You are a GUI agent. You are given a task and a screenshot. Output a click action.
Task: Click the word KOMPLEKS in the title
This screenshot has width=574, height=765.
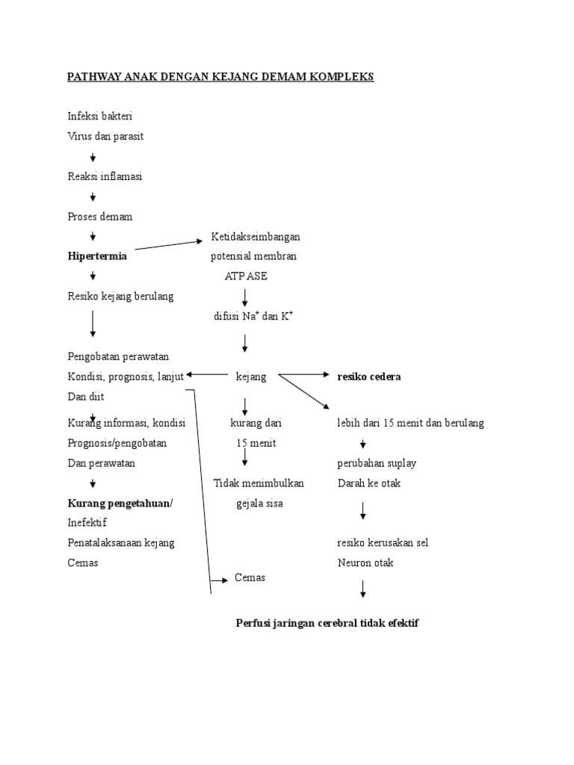pos(341,77)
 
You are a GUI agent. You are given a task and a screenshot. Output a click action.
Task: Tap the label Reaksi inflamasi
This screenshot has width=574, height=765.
pos(105,176)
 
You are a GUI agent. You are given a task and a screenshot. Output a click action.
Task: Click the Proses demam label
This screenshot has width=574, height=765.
pos(100,216)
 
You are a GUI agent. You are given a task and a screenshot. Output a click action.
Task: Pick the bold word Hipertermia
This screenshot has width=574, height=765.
pos(97,256)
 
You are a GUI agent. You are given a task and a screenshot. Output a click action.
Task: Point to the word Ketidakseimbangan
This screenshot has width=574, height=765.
pos(256,237)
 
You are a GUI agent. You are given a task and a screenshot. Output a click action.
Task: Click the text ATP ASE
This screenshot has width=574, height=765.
pos(246,276)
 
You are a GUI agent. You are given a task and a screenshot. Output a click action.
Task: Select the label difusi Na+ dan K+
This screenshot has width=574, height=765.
pos(253,316)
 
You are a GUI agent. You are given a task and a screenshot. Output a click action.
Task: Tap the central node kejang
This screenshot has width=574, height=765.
pos(251,377)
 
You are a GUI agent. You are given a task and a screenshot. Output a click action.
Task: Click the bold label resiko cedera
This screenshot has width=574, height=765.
pos(368,377)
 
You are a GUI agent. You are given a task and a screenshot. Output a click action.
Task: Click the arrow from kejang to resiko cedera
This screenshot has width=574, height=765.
pos(302,374)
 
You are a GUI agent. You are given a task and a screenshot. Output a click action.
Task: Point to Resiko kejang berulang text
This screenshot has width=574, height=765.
pos(120,297)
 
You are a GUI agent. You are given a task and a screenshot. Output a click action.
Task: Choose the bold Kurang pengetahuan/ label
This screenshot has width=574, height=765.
pos(120,503)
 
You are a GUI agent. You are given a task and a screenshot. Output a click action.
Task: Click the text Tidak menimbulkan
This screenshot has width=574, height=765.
pos(259,483)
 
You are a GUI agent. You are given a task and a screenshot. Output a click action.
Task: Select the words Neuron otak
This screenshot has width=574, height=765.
pos(365,563)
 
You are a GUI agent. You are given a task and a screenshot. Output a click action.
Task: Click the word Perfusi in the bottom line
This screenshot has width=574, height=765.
pos(252,622)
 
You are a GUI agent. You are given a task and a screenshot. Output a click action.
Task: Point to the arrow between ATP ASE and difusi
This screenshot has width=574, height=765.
pos(245,297)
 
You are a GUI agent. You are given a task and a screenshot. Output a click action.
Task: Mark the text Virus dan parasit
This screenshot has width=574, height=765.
pos(105,136)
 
